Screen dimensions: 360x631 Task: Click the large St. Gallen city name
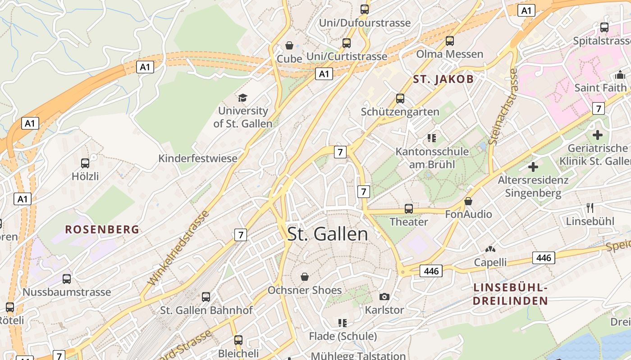click(328, 234)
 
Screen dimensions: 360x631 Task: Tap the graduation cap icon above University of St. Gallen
click(243, 98)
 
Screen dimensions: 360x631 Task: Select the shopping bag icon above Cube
click(289, 45)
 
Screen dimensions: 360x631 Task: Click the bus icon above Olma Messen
click(449, 41)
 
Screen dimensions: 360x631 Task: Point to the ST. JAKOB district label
click(444, 80)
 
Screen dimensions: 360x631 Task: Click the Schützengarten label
click(400, 112)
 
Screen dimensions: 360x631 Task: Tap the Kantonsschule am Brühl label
click(432, 157)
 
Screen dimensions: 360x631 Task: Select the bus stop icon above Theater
click(409, 209)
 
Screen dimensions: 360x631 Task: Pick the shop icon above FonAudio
click(468, 201)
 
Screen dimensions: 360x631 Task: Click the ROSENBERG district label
click(102, 229)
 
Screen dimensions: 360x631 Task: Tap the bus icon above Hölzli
click(85, 163)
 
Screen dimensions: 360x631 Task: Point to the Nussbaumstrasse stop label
click(67, 292)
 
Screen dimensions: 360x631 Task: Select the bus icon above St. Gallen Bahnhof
click(206, 297)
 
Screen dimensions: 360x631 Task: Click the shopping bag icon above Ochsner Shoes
click(305, 276)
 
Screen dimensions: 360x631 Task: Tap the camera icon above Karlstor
click(384, 296)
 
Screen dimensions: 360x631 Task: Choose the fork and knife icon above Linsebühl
click(590, 207)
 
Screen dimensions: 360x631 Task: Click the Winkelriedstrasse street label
click(179, 247)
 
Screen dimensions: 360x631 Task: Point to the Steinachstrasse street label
click(503, 107)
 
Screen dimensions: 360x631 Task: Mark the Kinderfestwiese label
click(197, 158)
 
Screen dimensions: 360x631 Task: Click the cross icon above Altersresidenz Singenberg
click(533, 167)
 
